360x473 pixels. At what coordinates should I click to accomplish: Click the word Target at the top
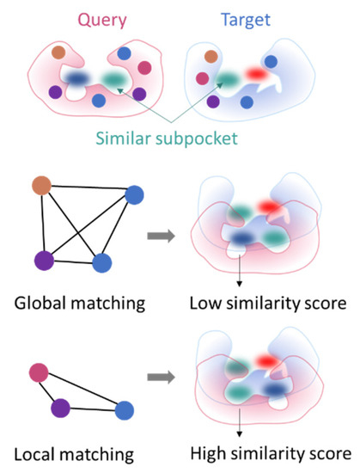(x=245, y=19)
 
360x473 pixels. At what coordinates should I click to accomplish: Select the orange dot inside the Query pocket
(x=58, y=52)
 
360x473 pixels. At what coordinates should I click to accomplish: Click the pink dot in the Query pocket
(x=144, y=67)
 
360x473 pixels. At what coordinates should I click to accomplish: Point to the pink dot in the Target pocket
(x=203, y=78)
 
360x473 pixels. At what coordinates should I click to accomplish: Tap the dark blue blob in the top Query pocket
(x=80, y=78)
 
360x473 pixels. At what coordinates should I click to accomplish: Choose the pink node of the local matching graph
(x=39, y=372)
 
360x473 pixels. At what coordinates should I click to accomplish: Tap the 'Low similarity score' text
(x=268, y=305)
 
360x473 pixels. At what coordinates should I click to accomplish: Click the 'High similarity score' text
(x=271, y=451)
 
